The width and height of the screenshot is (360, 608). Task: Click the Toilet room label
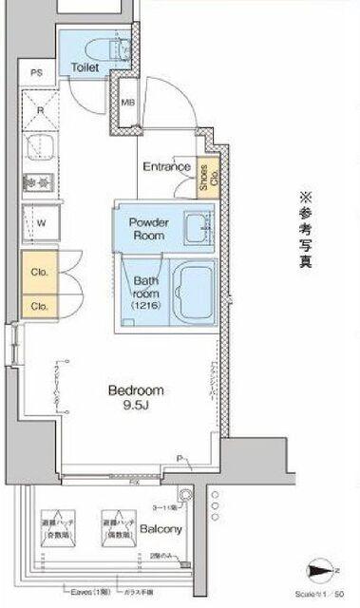pos(85,68)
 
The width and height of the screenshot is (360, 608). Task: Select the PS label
pos(36,73)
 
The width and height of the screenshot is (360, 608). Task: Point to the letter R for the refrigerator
pos(40,110)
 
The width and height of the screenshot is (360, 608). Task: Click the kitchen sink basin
pos(42,146)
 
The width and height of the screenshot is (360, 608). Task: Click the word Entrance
pos(166,167)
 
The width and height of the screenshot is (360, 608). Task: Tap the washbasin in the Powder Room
pos(198,228)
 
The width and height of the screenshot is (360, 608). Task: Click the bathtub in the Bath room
pos(198,293)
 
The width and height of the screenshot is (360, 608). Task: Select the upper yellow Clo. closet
pos(41,272)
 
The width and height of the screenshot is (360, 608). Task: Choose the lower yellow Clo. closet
pos(41,306)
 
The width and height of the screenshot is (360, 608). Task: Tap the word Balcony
pos(161,529)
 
